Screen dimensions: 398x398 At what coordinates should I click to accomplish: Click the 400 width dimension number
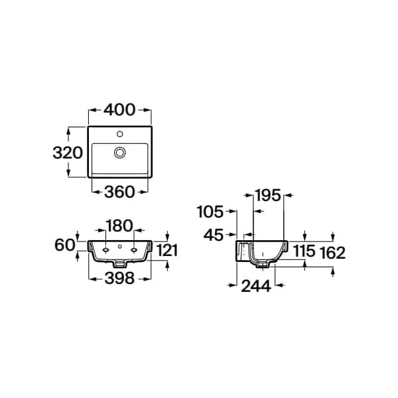click(119, 110)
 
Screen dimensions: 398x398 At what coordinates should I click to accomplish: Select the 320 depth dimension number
click(68, 153)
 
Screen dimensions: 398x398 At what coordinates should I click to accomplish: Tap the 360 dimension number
click(119, 192)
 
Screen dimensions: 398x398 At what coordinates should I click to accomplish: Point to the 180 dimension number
click(119, 226)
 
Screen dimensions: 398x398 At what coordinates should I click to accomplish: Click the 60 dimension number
click(65, 245)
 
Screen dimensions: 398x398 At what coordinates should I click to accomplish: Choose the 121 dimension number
click(166, 250)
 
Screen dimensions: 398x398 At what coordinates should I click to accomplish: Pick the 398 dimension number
click(119, 278)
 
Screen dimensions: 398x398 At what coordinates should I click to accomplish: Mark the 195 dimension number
click(268, 196)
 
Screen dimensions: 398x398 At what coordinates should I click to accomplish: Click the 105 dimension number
click(210, 212)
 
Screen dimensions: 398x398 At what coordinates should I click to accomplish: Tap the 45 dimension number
click(214, 235)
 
